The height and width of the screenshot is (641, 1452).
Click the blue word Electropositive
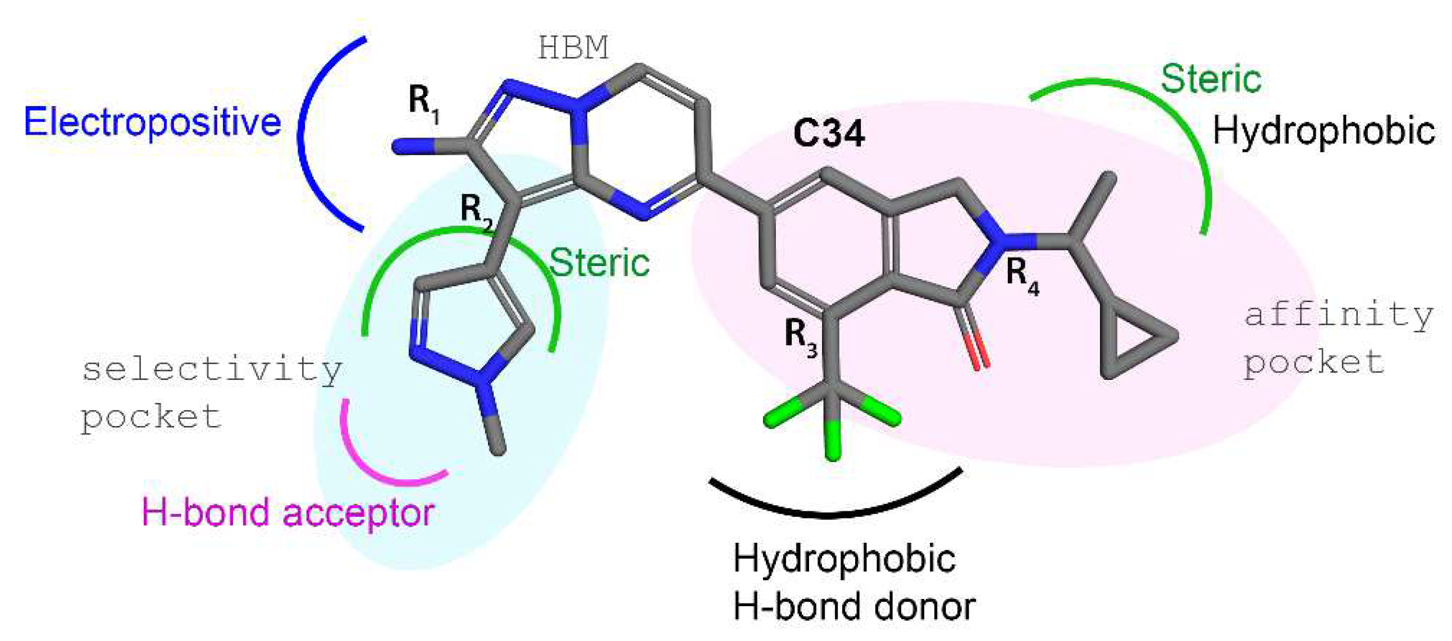click(152, 122)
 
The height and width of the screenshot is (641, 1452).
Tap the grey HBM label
click(573, 48)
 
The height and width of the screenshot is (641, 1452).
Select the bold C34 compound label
click(828, 134)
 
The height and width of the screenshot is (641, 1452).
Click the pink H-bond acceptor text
click(287, 512)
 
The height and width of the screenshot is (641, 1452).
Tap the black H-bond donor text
click(854, 607)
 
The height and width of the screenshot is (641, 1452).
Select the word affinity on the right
click(1339, 314)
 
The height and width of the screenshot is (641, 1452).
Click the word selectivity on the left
click(212, 369)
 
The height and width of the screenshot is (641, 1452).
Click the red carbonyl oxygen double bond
click(978, 351)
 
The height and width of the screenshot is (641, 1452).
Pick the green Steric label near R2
click(599, 263)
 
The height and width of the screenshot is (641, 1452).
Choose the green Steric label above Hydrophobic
click(1211, 79)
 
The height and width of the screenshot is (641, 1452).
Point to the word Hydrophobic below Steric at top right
click(1323, 131)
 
